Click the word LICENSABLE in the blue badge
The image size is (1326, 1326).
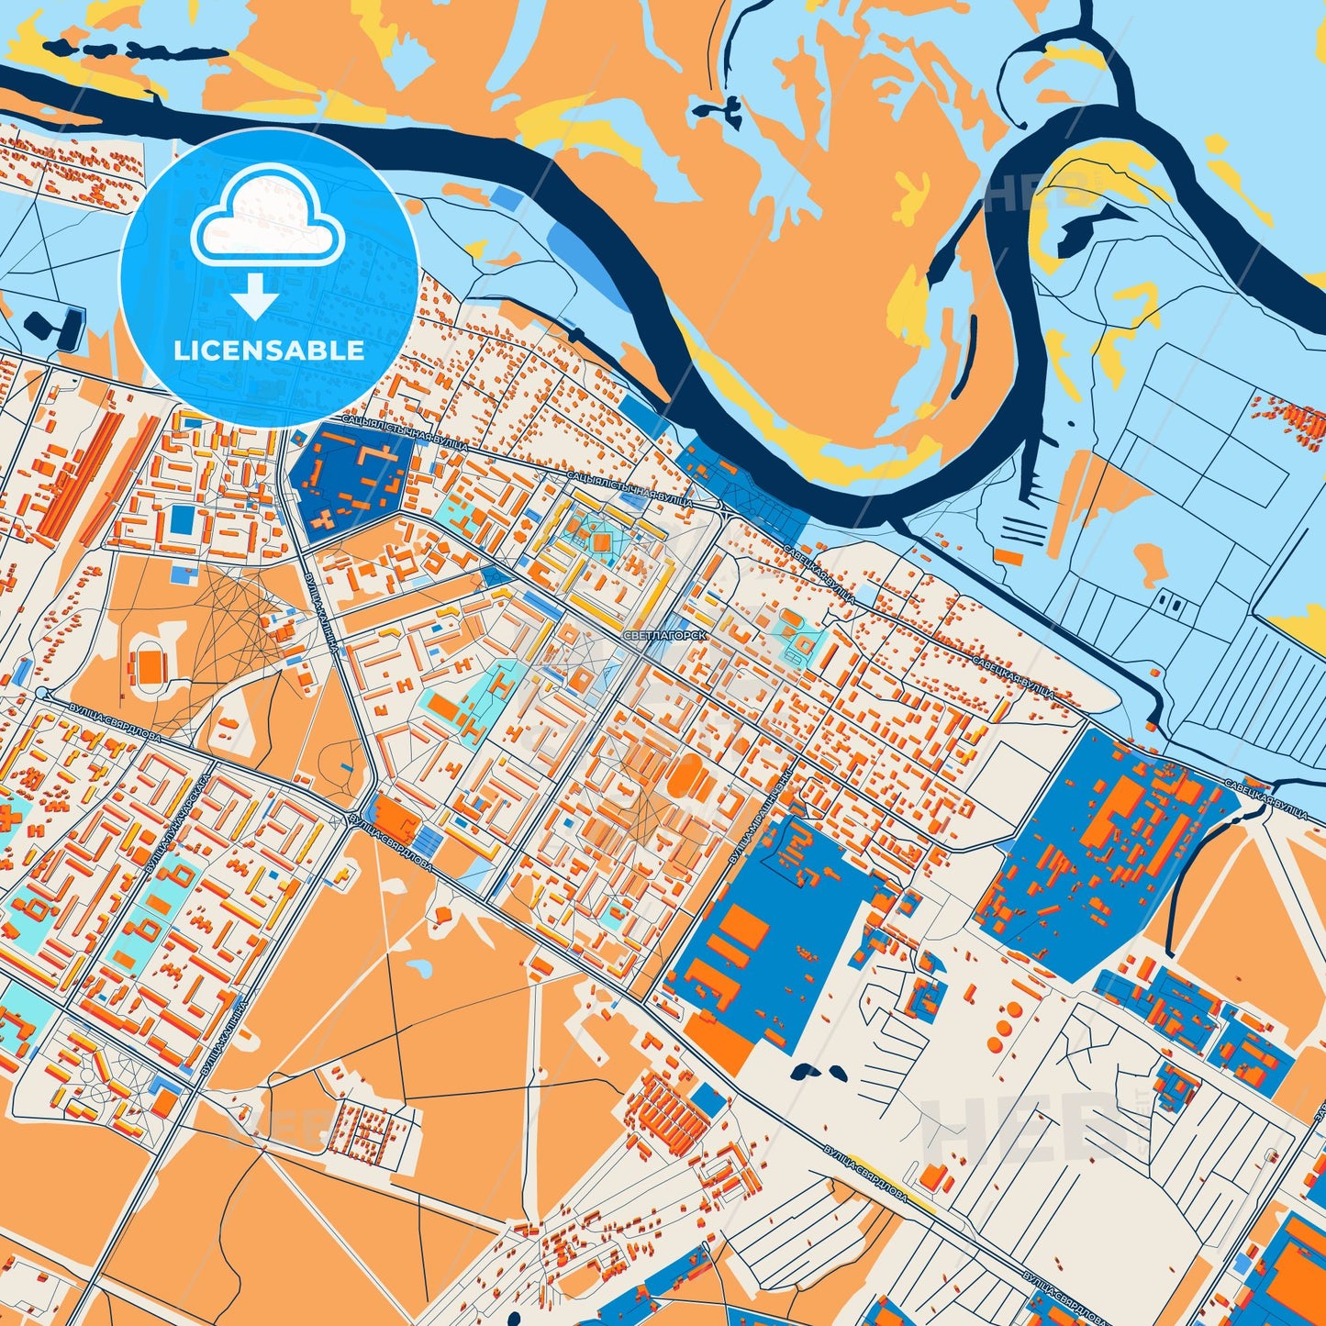269,350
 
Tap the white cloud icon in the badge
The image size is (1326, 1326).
266,217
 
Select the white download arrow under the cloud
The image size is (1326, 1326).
254,296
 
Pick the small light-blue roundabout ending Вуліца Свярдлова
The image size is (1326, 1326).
42,693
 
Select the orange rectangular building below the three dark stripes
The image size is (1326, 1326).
1008,557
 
